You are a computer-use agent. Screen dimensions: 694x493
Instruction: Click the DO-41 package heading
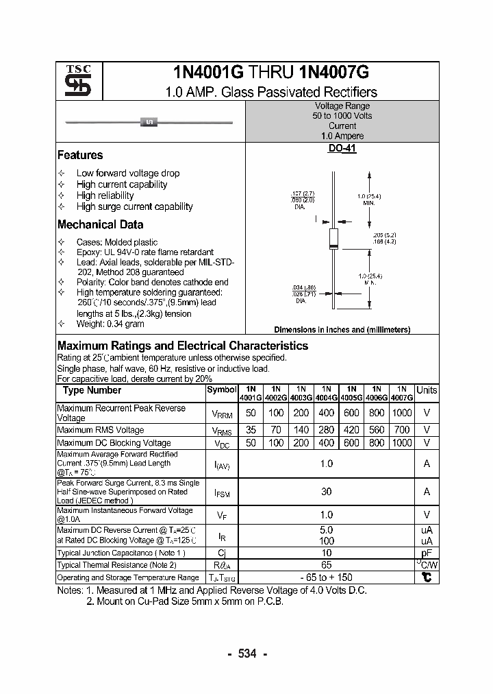point(342,148)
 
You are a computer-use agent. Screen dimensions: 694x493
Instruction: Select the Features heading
point(80,155)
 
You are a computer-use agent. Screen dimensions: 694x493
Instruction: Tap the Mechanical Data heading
point(100,224)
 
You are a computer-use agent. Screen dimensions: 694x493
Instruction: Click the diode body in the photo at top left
point(149,122)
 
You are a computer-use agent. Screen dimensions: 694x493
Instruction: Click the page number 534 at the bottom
point(246,654)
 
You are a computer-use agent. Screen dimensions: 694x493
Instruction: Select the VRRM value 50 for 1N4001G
point(251,413)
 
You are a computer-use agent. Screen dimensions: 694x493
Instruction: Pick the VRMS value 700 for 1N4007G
point(402,430)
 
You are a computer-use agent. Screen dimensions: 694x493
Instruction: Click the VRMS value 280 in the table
point(327,430)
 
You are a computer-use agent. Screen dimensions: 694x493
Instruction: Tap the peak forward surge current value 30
point(327,491)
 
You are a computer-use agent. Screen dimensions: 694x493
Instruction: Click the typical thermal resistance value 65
point(327,565)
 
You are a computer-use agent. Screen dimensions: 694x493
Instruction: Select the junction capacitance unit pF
point(427,553)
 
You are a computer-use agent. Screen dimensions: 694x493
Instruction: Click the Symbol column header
point(221,390)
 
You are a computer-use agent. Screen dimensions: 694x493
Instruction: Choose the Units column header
point(427,390)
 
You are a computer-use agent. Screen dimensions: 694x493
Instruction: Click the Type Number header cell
point(92,390)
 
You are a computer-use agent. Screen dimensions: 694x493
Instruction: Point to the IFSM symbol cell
point(221,492)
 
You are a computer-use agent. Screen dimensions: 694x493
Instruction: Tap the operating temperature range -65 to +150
point(327,577)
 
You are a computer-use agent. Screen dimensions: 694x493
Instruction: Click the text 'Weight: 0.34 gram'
point(110,324)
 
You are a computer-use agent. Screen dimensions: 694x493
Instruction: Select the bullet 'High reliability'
point(105,195)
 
